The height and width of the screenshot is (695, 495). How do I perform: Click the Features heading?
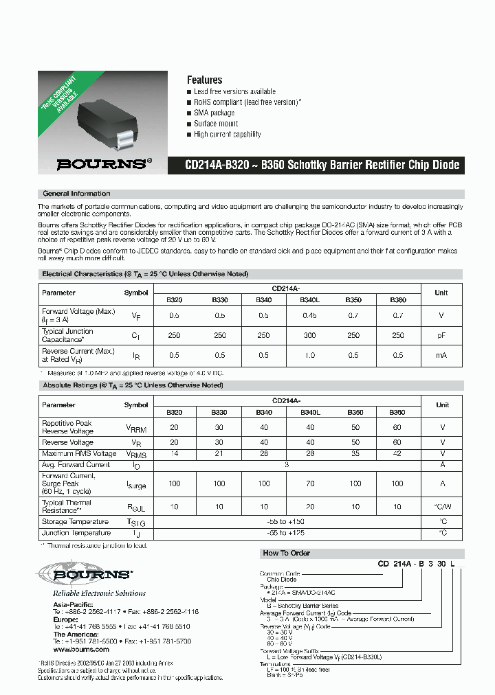pos(204,80)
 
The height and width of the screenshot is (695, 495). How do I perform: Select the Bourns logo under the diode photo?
pos(102,164)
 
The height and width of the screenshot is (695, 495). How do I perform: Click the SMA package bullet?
pos(214,113)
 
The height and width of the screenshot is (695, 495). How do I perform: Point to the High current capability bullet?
pos(227,135)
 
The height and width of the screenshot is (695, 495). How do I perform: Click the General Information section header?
pos(76,194)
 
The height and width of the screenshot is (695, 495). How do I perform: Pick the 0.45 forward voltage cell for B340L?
pos(310,315)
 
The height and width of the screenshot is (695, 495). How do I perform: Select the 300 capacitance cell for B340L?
pos(310,335)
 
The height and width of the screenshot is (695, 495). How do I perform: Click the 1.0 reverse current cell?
pos(310,355)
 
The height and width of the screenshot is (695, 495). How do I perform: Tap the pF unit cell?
pos(441,335)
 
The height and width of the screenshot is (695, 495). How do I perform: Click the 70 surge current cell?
pos(310,483)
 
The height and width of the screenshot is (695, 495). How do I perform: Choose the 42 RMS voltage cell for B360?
pos(397,454)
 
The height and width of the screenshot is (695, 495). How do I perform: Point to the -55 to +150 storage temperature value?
pos(287,522)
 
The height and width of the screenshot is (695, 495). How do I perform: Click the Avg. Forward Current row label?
pos(76,465)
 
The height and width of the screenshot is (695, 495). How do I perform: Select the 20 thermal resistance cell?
pos(310,506)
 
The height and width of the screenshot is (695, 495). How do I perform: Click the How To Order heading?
pos(286,553)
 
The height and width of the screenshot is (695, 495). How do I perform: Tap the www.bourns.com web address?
pos(81,649)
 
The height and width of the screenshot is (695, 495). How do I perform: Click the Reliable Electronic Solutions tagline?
pos(99,593)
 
